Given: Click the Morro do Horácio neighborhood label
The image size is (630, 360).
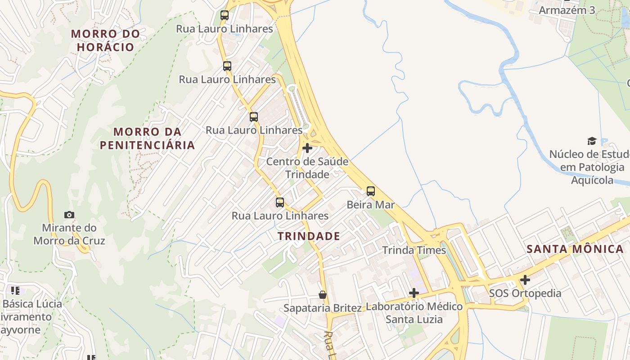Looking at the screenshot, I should (x=105, y=40).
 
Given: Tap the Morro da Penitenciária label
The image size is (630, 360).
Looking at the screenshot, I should (x=147, y=139).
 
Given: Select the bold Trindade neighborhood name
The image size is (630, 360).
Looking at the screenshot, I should (x=309, y=236).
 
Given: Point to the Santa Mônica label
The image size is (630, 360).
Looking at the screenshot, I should (x=575, y=249).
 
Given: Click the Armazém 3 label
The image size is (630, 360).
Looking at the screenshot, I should (x=567, y=10).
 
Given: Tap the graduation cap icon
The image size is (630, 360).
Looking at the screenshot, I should (x=592, y=141).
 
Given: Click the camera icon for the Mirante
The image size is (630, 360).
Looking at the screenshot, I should (x=69, y=215).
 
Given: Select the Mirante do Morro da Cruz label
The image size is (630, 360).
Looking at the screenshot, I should (x=69, y=234).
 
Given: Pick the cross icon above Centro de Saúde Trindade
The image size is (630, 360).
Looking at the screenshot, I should (x=307, y=148).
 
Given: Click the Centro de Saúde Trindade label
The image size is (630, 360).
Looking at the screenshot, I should (x=307, y=168).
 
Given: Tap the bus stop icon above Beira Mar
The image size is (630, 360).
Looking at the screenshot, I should (x=371, y=191).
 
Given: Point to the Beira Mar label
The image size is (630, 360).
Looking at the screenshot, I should (x=371, y=205).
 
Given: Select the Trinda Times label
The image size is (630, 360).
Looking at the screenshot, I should (x=414, y=250).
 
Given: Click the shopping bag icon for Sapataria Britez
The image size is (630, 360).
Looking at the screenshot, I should (x=323, y=295).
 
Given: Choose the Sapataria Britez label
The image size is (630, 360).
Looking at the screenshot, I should (x=323, y=308).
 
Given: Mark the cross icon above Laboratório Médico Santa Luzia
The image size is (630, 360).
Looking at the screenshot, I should (x=414, y=293).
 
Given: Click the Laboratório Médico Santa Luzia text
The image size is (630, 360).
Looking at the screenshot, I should (x=414, y=313).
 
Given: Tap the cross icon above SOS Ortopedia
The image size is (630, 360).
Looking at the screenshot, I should (x=525, y=280).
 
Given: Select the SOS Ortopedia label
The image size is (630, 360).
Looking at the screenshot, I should (x=525, y=293).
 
